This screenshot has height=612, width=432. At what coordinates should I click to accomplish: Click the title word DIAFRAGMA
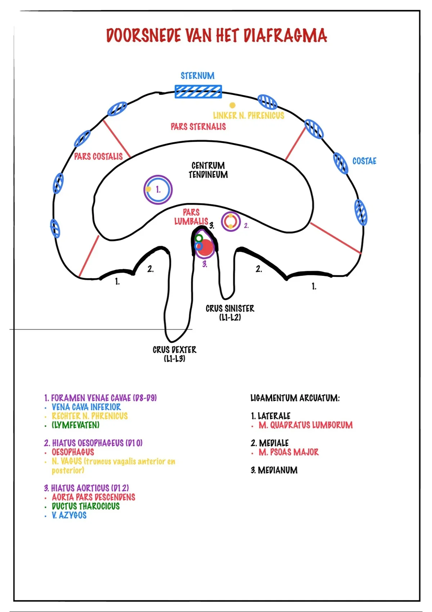pos(285,35)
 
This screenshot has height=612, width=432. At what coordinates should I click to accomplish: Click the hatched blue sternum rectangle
pos(198,91)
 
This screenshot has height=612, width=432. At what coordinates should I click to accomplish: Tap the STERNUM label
pos(198,76)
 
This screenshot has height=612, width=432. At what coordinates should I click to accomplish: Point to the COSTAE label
pos(364,161)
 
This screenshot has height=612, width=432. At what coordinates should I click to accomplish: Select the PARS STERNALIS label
pos(198,126)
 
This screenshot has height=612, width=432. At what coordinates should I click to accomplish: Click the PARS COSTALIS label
pos(98,157)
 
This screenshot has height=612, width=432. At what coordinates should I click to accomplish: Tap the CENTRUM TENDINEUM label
pos(208,170)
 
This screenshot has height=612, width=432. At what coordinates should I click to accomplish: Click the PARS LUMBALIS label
pos(191,217)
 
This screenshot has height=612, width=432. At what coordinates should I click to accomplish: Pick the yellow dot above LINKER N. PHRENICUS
pos(232,105)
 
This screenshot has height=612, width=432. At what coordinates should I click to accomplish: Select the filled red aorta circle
pos(205,248)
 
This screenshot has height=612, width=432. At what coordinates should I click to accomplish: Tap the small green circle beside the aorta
pos(199,238)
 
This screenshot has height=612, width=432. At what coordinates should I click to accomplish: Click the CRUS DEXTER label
pos(175,354)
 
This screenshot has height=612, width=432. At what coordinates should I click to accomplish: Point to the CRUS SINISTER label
pos(230,313)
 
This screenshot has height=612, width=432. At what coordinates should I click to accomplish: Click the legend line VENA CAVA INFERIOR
pos(86,407)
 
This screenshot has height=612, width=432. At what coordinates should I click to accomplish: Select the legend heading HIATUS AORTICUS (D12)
pos(86,488)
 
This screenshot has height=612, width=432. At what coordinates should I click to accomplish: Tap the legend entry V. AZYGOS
pos(69,515)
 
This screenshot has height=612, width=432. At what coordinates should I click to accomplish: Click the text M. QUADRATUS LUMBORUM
pos(306,425)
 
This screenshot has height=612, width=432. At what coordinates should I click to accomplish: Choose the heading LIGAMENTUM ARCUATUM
pos(295,398)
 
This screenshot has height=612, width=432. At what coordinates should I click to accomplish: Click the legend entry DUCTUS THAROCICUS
pos(86,506)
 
